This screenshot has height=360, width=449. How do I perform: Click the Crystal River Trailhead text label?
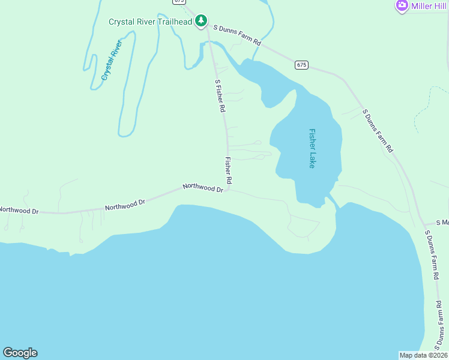(x=150, y=22)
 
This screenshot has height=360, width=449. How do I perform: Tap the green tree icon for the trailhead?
(x=201, y=22)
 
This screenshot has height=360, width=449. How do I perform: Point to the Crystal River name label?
(x=111, y=60)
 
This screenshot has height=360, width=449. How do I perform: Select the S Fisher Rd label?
(x=220, y=96)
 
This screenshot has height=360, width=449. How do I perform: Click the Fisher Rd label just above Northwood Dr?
(x=229, y=170)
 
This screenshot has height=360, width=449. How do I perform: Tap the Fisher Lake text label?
(x=312, y=148)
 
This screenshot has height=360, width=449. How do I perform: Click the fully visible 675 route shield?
(x=301, y=65)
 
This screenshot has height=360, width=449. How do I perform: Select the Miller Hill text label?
(x=429, y=6)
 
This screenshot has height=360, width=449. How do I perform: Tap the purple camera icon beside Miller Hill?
(x=402, y=6)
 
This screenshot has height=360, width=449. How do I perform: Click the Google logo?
(x=20, y=353)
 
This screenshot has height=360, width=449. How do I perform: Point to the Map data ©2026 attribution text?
(x=423, y=355)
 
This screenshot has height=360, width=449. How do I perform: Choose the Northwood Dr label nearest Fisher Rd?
(x=203, y=188)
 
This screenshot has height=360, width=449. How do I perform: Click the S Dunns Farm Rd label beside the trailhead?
(x=238, y=35)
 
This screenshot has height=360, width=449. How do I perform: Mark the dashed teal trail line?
(x=424, y=108)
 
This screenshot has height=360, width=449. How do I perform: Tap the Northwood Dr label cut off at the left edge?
(x=19, y=211)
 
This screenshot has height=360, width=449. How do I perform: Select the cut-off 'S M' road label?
(x=442, y=222)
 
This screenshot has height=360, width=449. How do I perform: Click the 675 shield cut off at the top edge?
(x=179, y=2)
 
